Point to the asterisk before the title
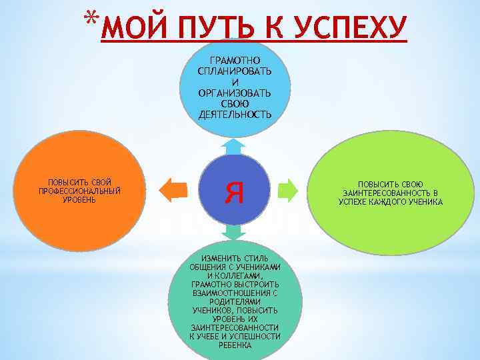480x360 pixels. coord(92,19)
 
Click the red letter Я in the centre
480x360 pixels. coord(235,192)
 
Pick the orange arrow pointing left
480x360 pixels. coord(176,190)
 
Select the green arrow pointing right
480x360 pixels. coord(288,190)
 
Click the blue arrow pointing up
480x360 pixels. coord(235,146)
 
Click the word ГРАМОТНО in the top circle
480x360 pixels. coord(235,61)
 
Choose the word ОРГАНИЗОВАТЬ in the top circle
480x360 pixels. coord(235,94)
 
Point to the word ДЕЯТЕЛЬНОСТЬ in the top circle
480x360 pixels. coord(235,115)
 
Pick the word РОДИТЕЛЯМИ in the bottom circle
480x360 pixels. coord(235,302)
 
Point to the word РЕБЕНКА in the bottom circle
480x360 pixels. coord(235,345)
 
